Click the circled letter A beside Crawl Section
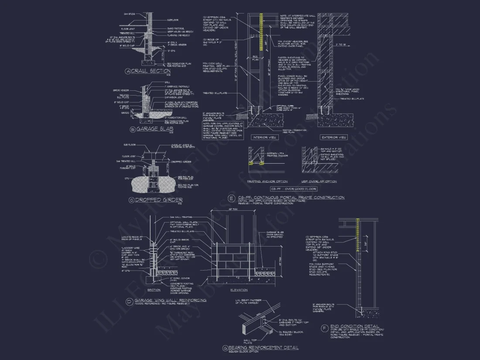coord(128,71)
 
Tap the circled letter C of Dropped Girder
coord(131,200)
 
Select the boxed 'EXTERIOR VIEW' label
coord(333,137)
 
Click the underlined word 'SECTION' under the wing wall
coord(154,290)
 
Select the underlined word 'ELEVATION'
coord(239,290)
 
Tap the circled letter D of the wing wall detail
coord(129,301)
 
